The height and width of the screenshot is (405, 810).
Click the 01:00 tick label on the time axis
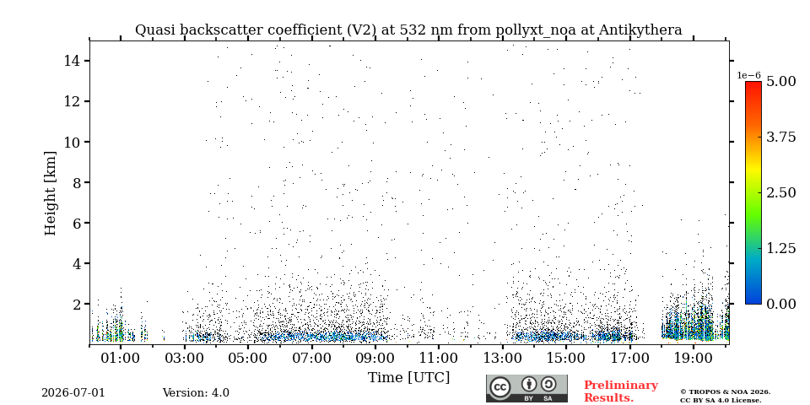click(121, 358)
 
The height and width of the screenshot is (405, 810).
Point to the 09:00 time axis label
click(375, 358)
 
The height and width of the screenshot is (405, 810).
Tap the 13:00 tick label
click(503, 358)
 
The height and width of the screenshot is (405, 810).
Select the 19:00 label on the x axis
click(694, 358)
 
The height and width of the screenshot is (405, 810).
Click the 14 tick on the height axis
click(72, 61)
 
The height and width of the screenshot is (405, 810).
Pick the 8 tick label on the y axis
click(75, 182)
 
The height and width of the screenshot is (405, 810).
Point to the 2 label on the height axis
click(75, 304)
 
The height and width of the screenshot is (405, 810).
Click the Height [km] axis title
click(50, 193)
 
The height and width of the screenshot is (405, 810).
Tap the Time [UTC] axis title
click(408, 378)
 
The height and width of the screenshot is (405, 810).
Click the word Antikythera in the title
click(640, 30)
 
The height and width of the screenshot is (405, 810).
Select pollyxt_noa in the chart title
click(537, 30)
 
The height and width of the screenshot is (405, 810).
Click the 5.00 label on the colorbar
click(780, 82)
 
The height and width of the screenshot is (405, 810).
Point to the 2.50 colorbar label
click(780, 192)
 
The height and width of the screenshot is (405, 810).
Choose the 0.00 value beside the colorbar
click(780, 304)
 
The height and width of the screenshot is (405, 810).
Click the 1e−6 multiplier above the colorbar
click(748, 75)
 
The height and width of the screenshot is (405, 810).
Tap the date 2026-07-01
click(73, 392)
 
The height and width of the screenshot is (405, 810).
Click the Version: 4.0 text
click(196, 392)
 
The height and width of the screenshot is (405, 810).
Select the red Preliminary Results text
click(620, 391)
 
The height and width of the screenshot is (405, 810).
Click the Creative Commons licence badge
click(526, 388)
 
